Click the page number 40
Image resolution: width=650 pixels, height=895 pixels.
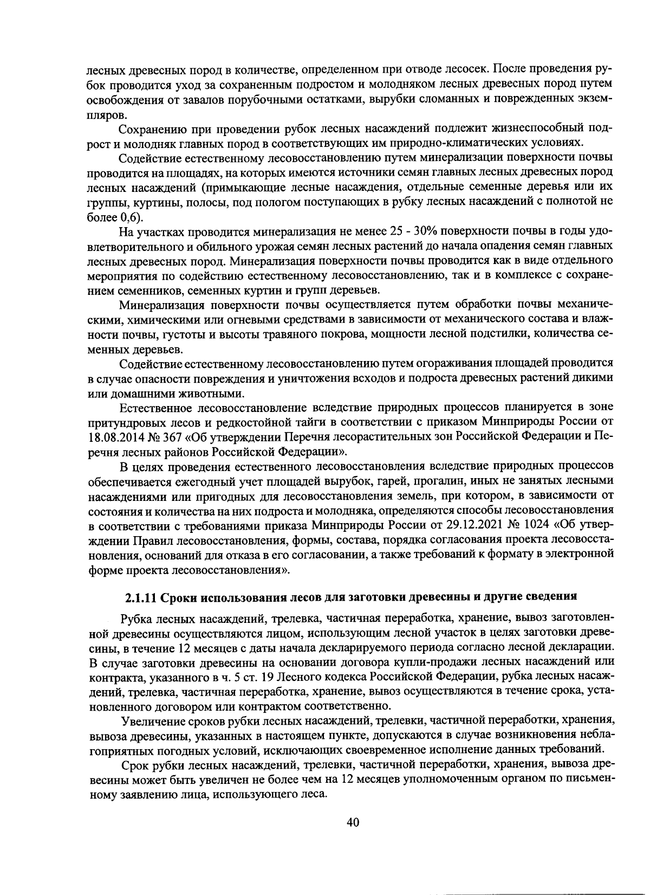pos(353,822)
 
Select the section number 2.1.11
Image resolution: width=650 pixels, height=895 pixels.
pos(141,597)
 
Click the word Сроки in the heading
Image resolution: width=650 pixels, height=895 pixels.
pos(179,597)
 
